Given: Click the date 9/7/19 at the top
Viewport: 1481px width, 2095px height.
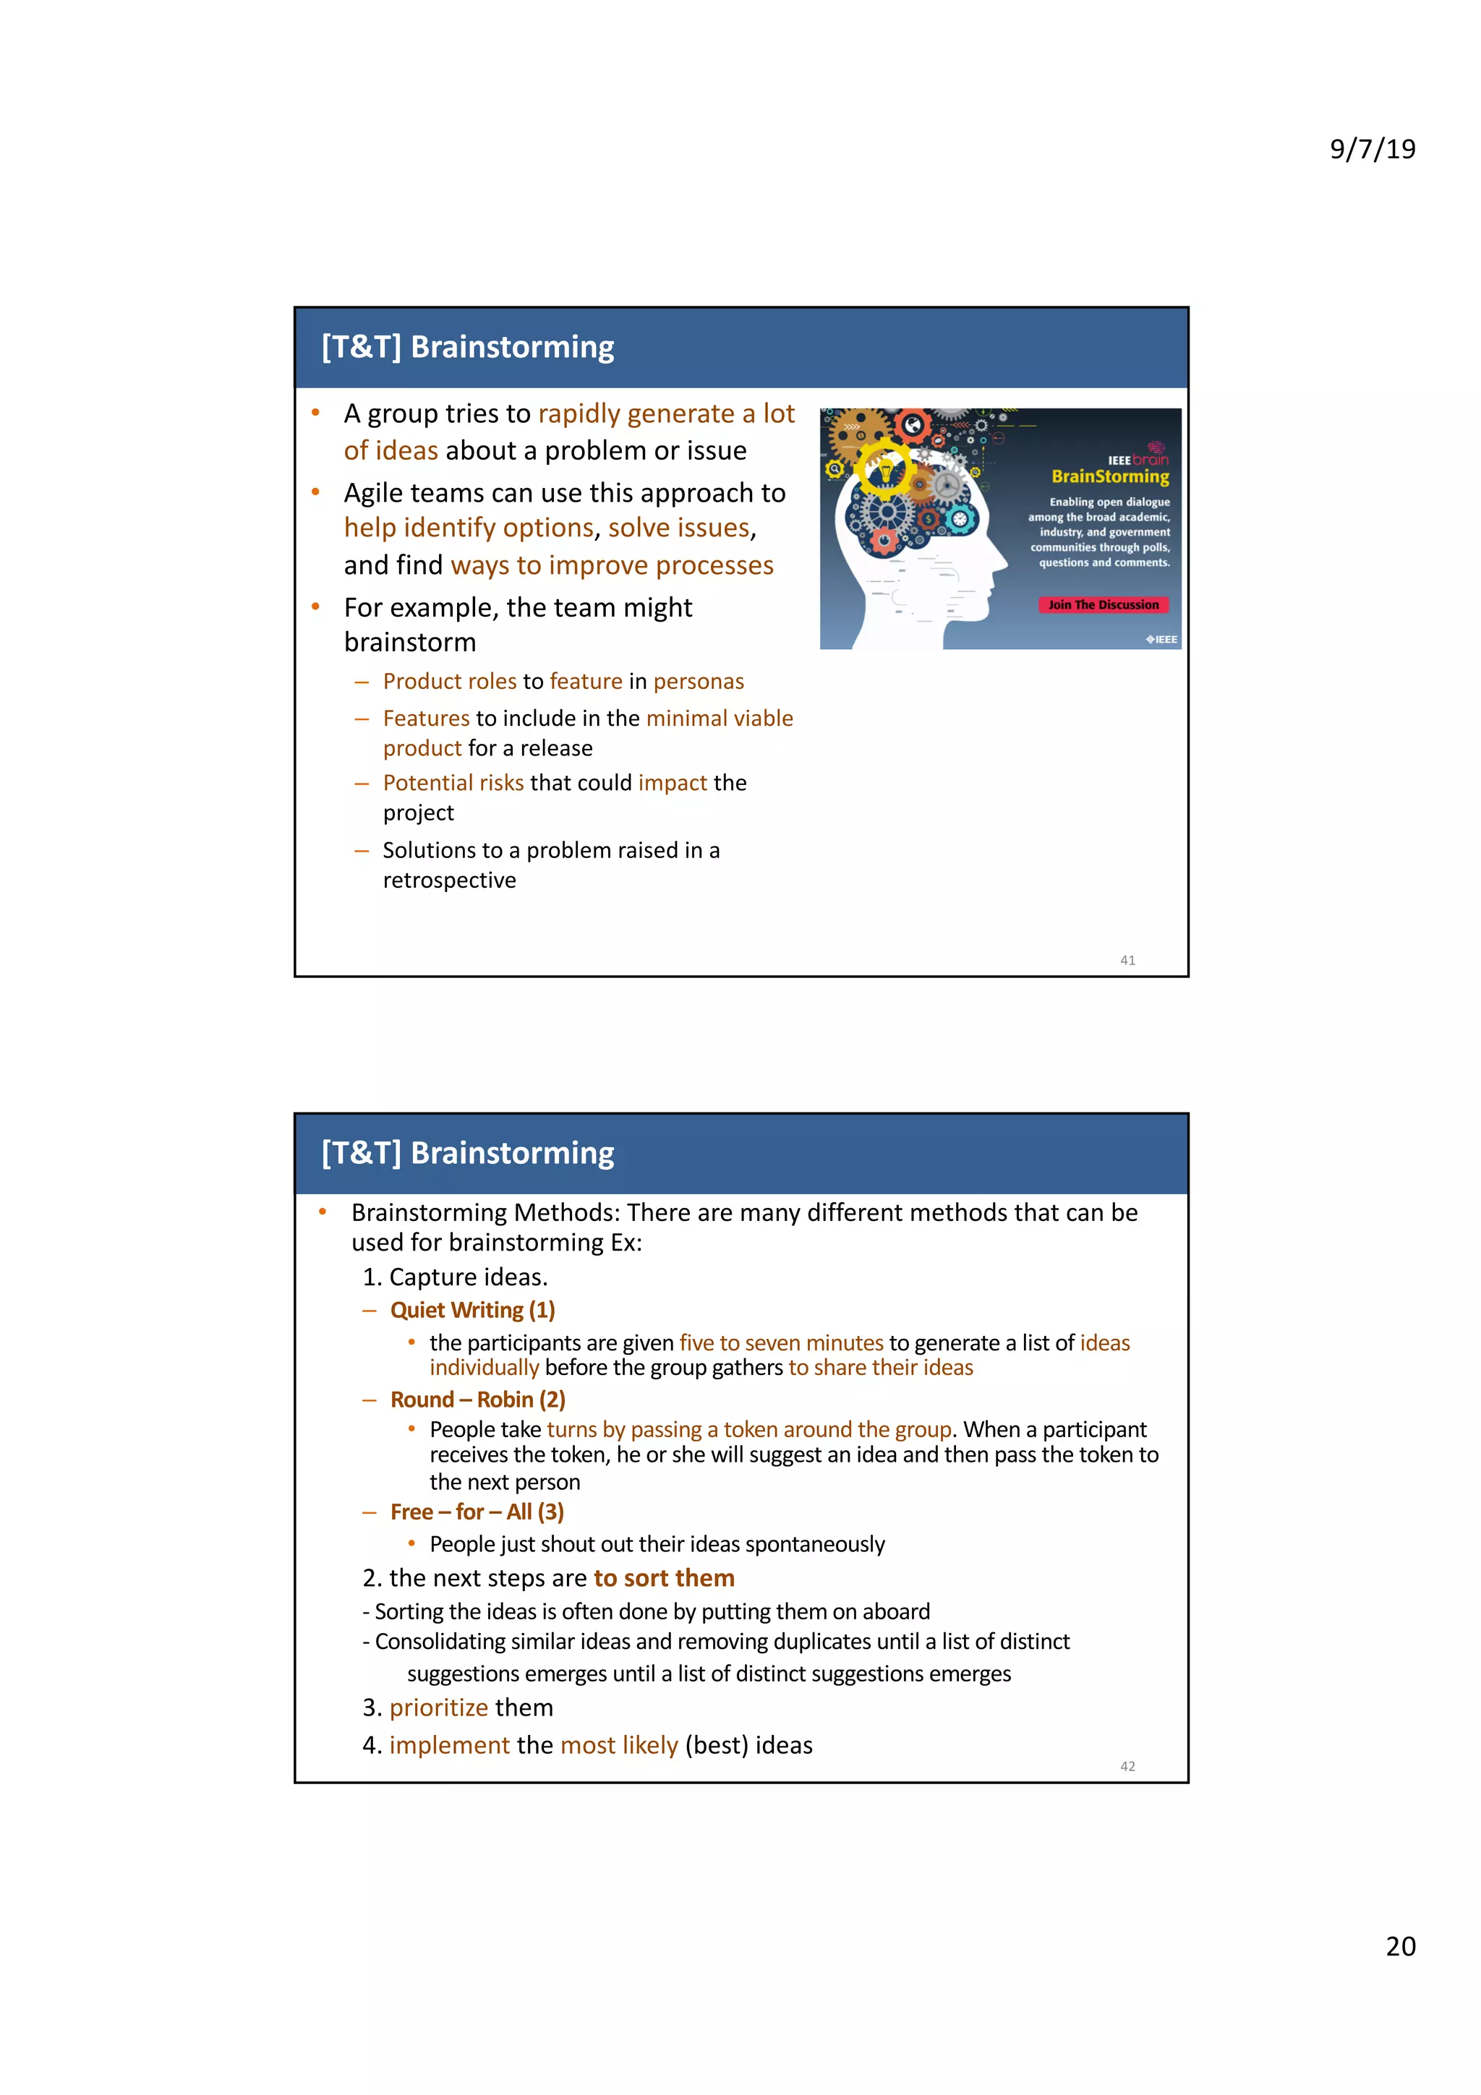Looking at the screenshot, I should coord(1372,149).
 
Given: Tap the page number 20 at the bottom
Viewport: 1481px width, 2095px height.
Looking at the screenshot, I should coord(1400,1945).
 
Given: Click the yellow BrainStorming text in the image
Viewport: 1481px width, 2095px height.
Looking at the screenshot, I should coord(1109,476).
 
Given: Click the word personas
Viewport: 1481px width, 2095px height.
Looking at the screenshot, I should coord(698,682).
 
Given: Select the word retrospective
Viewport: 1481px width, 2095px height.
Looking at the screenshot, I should coord(449,881).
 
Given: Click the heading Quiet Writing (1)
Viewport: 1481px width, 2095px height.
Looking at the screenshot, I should coord(471,1311).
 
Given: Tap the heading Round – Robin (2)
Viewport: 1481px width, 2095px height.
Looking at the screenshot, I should coord(477,1400).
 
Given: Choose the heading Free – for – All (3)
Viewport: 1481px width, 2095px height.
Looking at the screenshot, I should coord(477,1512).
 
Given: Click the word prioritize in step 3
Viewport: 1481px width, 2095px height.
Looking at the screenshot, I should coord(438,1708).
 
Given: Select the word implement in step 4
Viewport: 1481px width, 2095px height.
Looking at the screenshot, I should coord(449,1744).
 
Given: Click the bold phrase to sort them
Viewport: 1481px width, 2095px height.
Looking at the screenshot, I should coord(663,1577).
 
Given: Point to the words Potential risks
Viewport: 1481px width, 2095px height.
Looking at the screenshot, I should coord(453,783).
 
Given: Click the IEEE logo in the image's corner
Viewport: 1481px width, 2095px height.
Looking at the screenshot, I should coord(1161,640).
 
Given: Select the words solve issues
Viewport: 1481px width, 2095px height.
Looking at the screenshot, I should coord(678,528).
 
